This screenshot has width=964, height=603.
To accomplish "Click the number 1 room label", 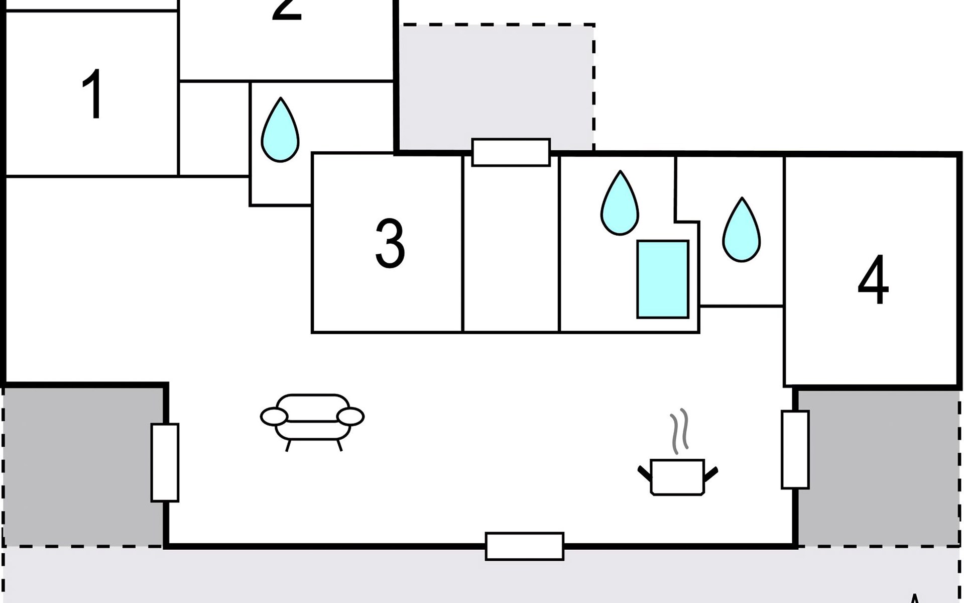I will pos(93,95).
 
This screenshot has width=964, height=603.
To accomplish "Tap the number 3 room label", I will pos(390,244).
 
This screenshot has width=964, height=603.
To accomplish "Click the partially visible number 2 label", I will pos(287,10).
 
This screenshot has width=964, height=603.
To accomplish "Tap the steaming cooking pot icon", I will pos(677,476).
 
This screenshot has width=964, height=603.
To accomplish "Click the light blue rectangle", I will pos(663,279).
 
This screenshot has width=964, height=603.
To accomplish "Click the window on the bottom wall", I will pos(524,546).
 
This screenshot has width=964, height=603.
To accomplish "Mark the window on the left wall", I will pos(165,462).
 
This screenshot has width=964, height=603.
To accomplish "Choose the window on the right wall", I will pos(795,450).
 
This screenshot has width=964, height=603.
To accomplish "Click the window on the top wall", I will pos(511,152).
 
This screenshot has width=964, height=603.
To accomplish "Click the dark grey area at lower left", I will pos(80,465).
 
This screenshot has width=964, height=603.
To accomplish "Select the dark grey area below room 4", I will pos(879,467).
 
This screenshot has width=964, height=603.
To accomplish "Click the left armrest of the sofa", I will pos(274,416).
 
